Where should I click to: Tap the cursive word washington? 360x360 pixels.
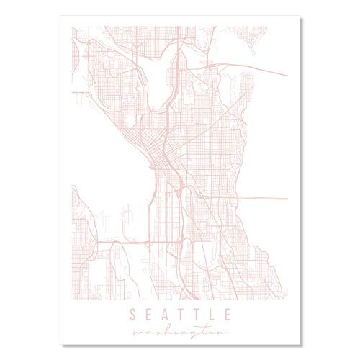click(x=179, y=330)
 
